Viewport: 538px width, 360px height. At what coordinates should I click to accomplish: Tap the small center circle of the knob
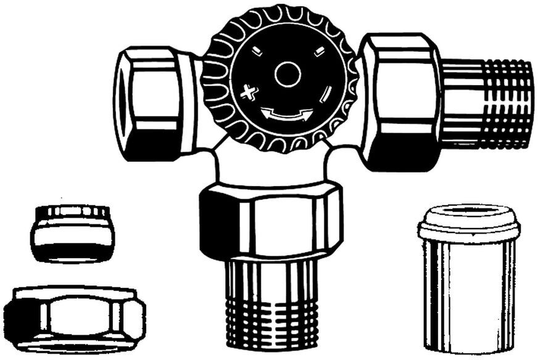288,75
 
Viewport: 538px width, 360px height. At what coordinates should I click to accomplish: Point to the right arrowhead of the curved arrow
308,113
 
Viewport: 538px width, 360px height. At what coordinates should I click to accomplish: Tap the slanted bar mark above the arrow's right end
326,94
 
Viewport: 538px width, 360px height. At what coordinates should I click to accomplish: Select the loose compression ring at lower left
72,234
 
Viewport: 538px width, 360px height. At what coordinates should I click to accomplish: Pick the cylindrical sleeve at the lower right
469,290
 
